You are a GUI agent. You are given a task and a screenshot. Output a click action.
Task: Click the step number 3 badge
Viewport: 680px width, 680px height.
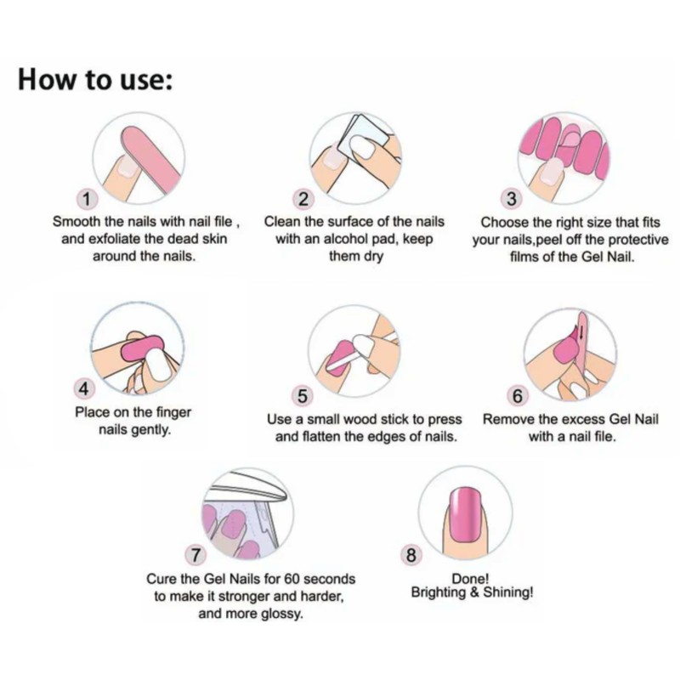pos(512,200)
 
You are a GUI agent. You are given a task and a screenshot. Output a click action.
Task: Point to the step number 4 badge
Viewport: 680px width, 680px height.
pos(84,389)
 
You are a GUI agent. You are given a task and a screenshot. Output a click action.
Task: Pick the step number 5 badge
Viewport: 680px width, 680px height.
pos(302,396)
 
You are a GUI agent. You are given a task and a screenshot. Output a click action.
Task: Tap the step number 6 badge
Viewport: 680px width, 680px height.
pos(518,396)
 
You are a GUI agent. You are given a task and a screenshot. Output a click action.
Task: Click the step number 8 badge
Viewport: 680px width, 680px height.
pos(411,556)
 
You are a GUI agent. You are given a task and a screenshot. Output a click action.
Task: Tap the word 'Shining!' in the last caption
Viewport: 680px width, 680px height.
pos(507,592)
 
